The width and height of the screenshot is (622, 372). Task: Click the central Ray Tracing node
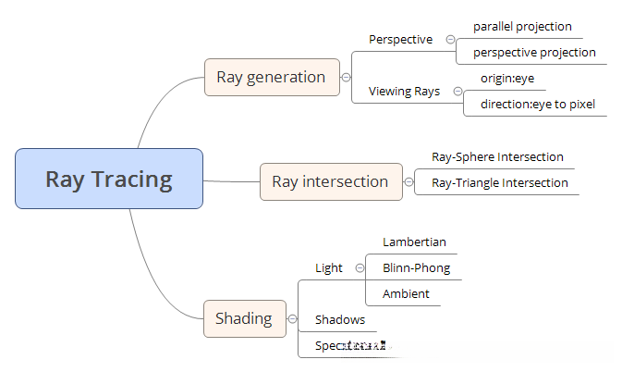pyautogui.click(x=109, y=179)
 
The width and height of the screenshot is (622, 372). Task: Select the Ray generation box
pyautogui.click(x=271, y=77)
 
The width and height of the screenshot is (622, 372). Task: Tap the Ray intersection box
pyautogui.click(x=330, y=181)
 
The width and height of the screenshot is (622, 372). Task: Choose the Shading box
pyautogui.click(x=244, y=318)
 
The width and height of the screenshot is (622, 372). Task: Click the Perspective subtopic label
pyautogui.click(x=400, y=39)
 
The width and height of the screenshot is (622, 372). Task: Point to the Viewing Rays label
pyautogui.click(x=404, y=91)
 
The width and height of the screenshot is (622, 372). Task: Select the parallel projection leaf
pyautogui.click(x=522, y=27)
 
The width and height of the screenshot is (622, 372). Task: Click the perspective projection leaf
pyautogui.click(x=534, y=52)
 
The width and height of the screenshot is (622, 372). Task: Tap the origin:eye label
pyautogui.click(x=506, y=78)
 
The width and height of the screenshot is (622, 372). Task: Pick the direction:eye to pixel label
pyautogui.click(x=537, y=104)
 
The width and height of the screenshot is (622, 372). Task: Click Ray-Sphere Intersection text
pyautogui.click(x=497, y=157)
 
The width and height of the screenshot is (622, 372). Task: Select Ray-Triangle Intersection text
pyautogui.click(x=499, y=182)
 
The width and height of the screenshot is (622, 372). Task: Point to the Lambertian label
pyautogui.click(x=414, y=242)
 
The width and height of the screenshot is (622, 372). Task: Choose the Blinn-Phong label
pyautogui.click(x=416, y=267)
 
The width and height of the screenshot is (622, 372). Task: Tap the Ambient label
pyautogui.click(x=406, y=293)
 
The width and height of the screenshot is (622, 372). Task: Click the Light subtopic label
pyautogui.click(x=328, y=267)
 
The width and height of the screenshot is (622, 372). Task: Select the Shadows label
pyautogui.click(x=339, y=319)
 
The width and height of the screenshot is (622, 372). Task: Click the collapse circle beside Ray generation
pyautogui.click(x=346, y=78)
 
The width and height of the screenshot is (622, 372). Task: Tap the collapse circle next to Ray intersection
pyautogui.click(x=409, y=182)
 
